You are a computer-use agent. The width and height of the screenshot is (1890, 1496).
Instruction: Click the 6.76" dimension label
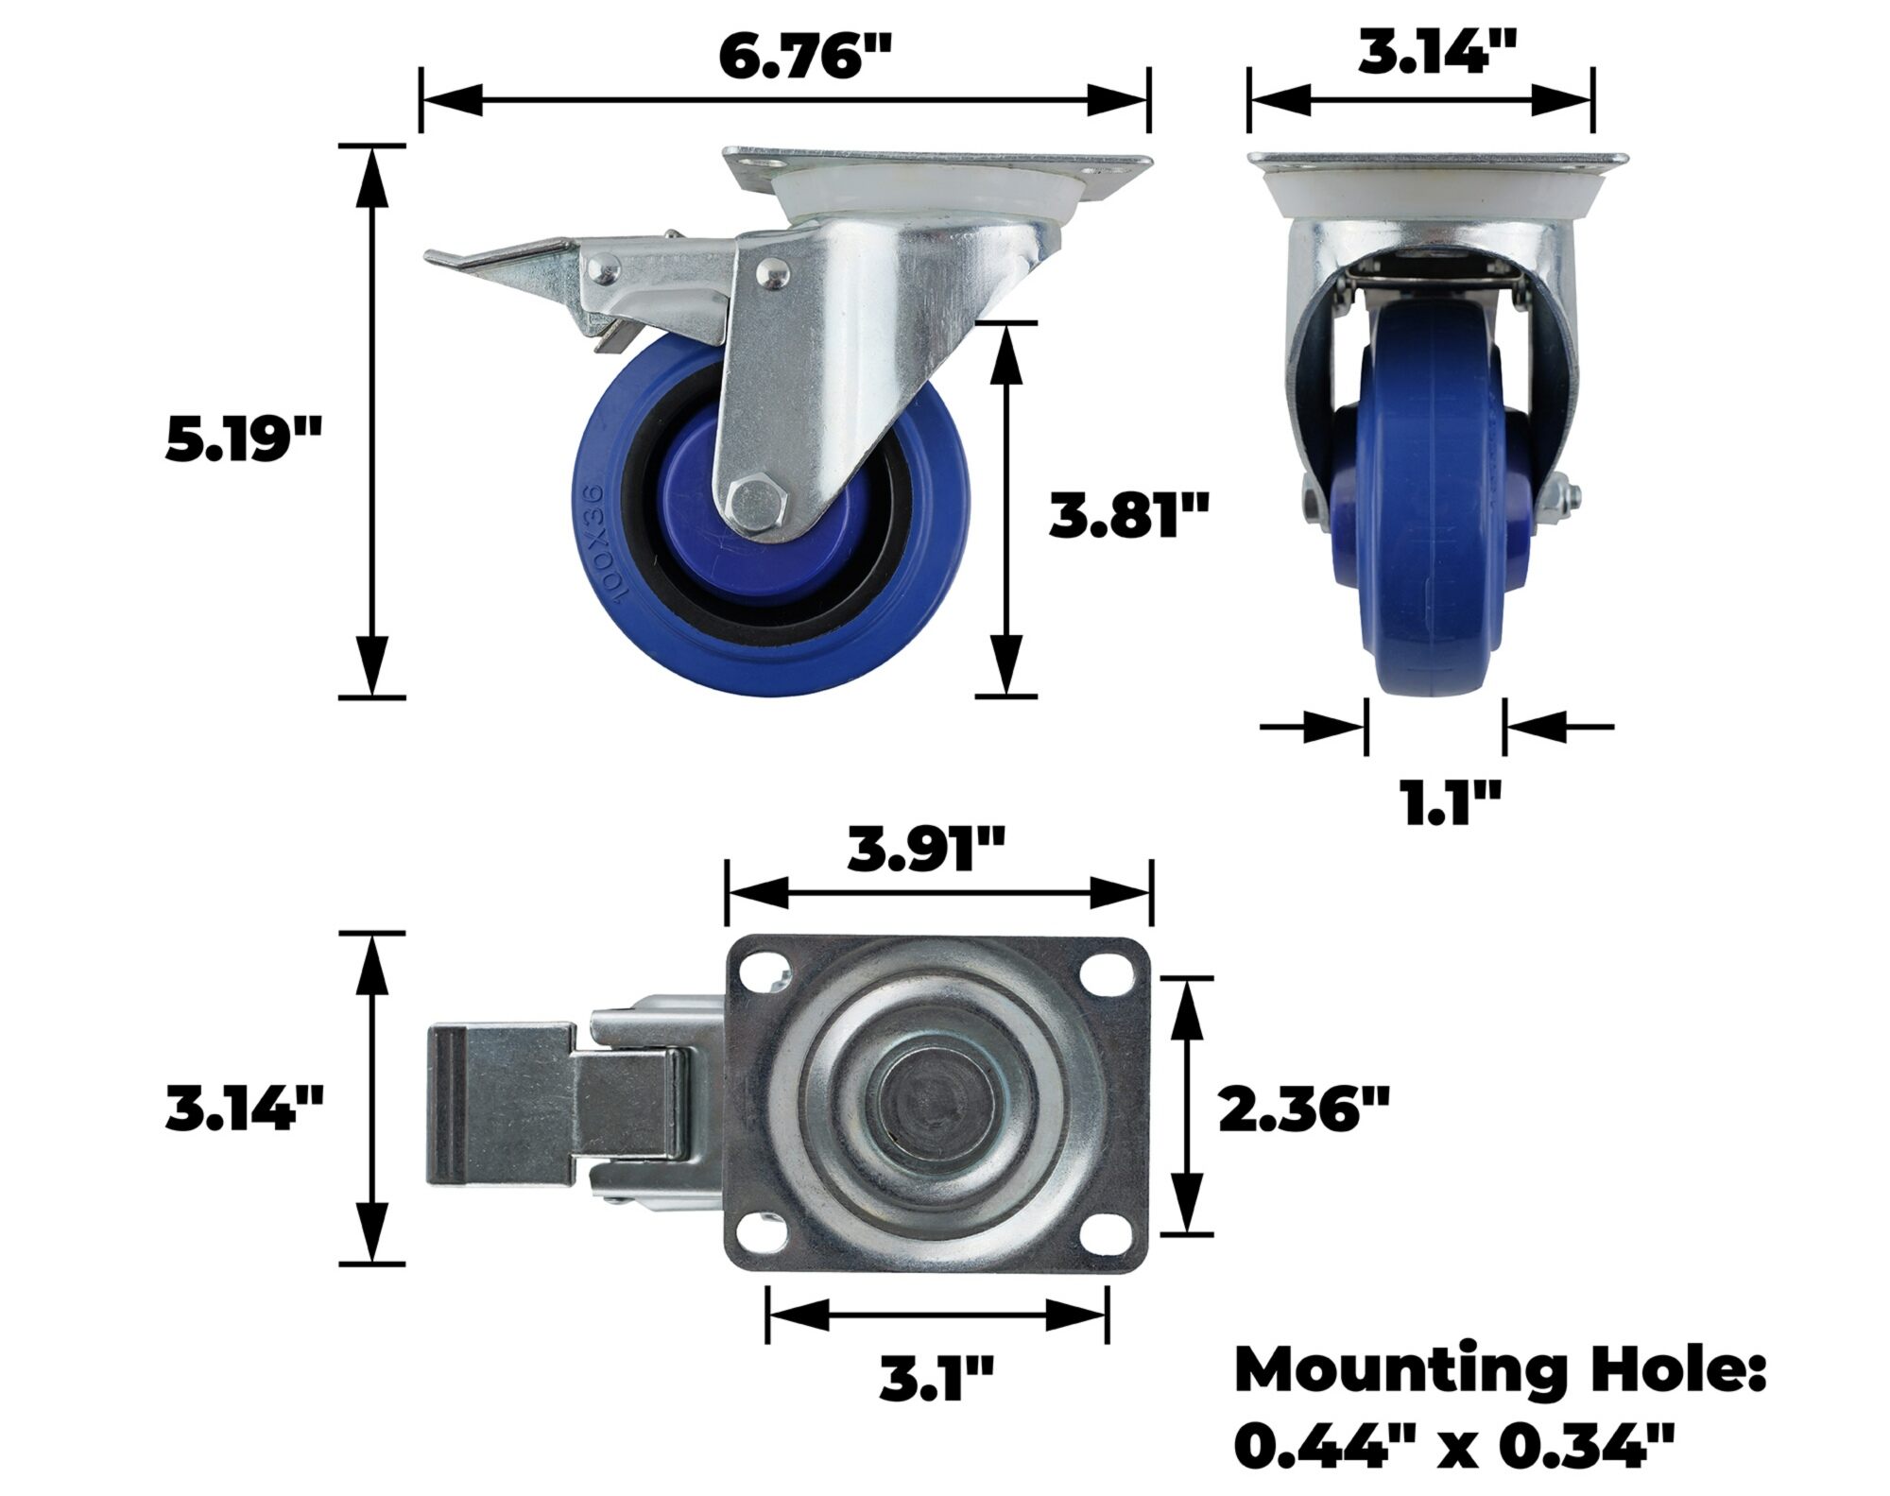point(805,57)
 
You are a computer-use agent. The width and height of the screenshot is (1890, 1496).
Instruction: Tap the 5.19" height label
point(245,439)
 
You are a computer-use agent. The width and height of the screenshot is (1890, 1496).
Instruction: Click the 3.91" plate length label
point(926,851)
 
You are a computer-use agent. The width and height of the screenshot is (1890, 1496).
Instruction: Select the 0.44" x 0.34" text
point(1455,1447)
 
